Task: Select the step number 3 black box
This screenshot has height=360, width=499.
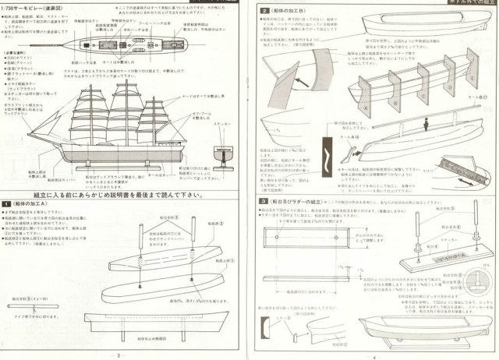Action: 264,201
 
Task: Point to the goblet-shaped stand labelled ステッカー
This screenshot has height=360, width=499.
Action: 225,155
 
